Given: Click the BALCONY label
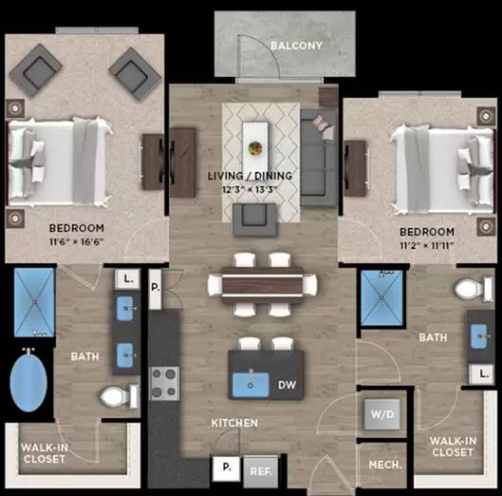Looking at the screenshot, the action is pyautogui.click(x=296, y=46).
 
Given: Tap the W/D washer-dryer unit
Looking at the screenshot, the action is pyautogui.click(x=382, y=414).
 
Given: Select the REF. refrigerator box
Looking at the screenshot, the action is pyautogui.click(x=261, y=471).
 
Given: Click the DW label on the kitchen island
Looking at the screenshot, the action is pyautogui.click(x=287, y=385).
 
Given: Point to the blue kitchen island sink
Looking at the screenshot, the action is pyautogui.click(x=251, y=385).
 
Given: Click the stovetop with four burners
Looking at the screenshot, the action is pyautogui.click(x=165, y=384).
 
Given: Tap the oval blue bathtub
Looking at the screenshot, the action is pyautogui.click(x=28, y=381).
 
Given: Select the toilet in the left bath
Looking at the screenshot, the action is pyautogui.click(x=119, y=396).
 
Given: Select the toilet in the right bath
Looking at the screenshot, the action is pyautogui.click(x=474, y=289).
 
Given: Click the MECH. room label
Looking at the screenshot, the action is pyautogui.click(x=385, y=465).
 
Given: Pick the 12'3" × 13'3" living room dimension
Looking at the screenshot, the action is pyautogui.click(x=250, y=189).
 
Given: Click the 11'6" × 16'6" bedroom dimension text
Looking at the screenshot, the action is pyautogui.click(x=77, y=241).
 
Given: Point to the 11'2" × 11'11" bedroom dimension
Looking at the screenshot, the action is pyautogui.click(x=427, y=245).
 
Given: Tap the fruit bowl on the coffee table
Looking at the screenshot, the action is pyautogui.click(x=255, y=148).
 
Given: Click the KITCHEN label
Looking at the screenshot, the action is pyautogui.click(x=234, y=423).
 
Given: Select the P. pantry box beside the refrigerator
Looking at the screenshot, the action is pyautogui.click(x=227, y=467).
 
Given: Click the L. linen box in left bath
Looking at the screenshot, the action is pyautogui.click(x=128, y=279).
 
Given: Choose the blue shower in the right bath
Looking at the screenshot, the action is pyautogui.click(x=381, y=297).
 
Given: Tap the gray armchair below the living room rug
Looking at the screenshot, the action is pyautogui.click(x=254, y=219).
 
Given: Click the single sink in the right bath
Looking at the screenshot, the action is pyautogui.click(x=479, y=336).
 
